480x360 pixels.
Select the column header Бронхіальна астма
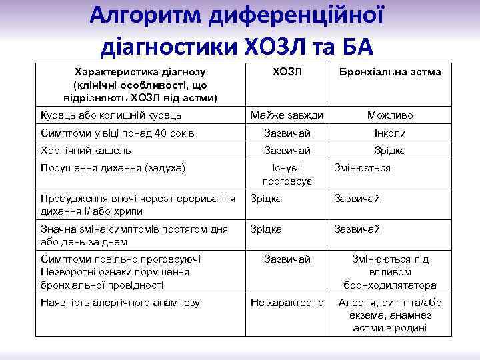tap(389, 71)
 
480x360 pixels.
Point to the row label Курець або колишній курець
tap(111, 115)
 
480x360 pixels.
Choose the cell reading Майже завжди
tap(287, 115)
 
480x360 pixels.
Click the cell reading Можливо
tap(390, 115)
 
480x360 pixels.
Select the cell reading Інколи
tap(390, 133)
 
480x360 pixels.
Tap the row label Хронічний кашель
tap(86, 151)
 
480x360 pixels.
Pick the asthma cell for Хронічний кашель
tap(390, 151)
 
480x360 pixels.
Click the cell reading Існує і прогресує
tap(287, 175)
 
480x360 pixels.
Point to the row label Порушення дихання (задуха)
tap(113, 168)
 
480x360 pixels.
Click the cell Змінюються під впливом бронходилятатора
tap(390, 272)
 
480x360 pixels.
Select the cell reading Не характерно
tap(287, 303)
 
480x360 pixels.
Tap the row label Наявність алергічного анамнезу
tap(120, 303)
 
